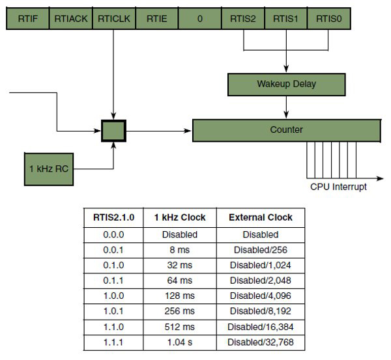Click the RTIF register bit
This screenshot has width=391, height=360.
click(27, 19)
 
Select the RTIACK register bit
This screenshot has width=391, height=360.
click(70, 19)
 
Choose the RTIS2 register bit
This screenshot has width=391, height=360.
click(242, 19)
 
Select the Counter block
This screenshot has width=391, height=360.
click(287, 130)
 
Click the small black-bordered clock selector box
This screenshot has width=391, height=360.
click(113, 130)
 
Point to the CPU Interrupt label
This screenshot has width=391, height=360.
click(338, 187)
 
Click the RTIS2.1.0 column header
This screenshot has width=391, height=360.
click(109, 217)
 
